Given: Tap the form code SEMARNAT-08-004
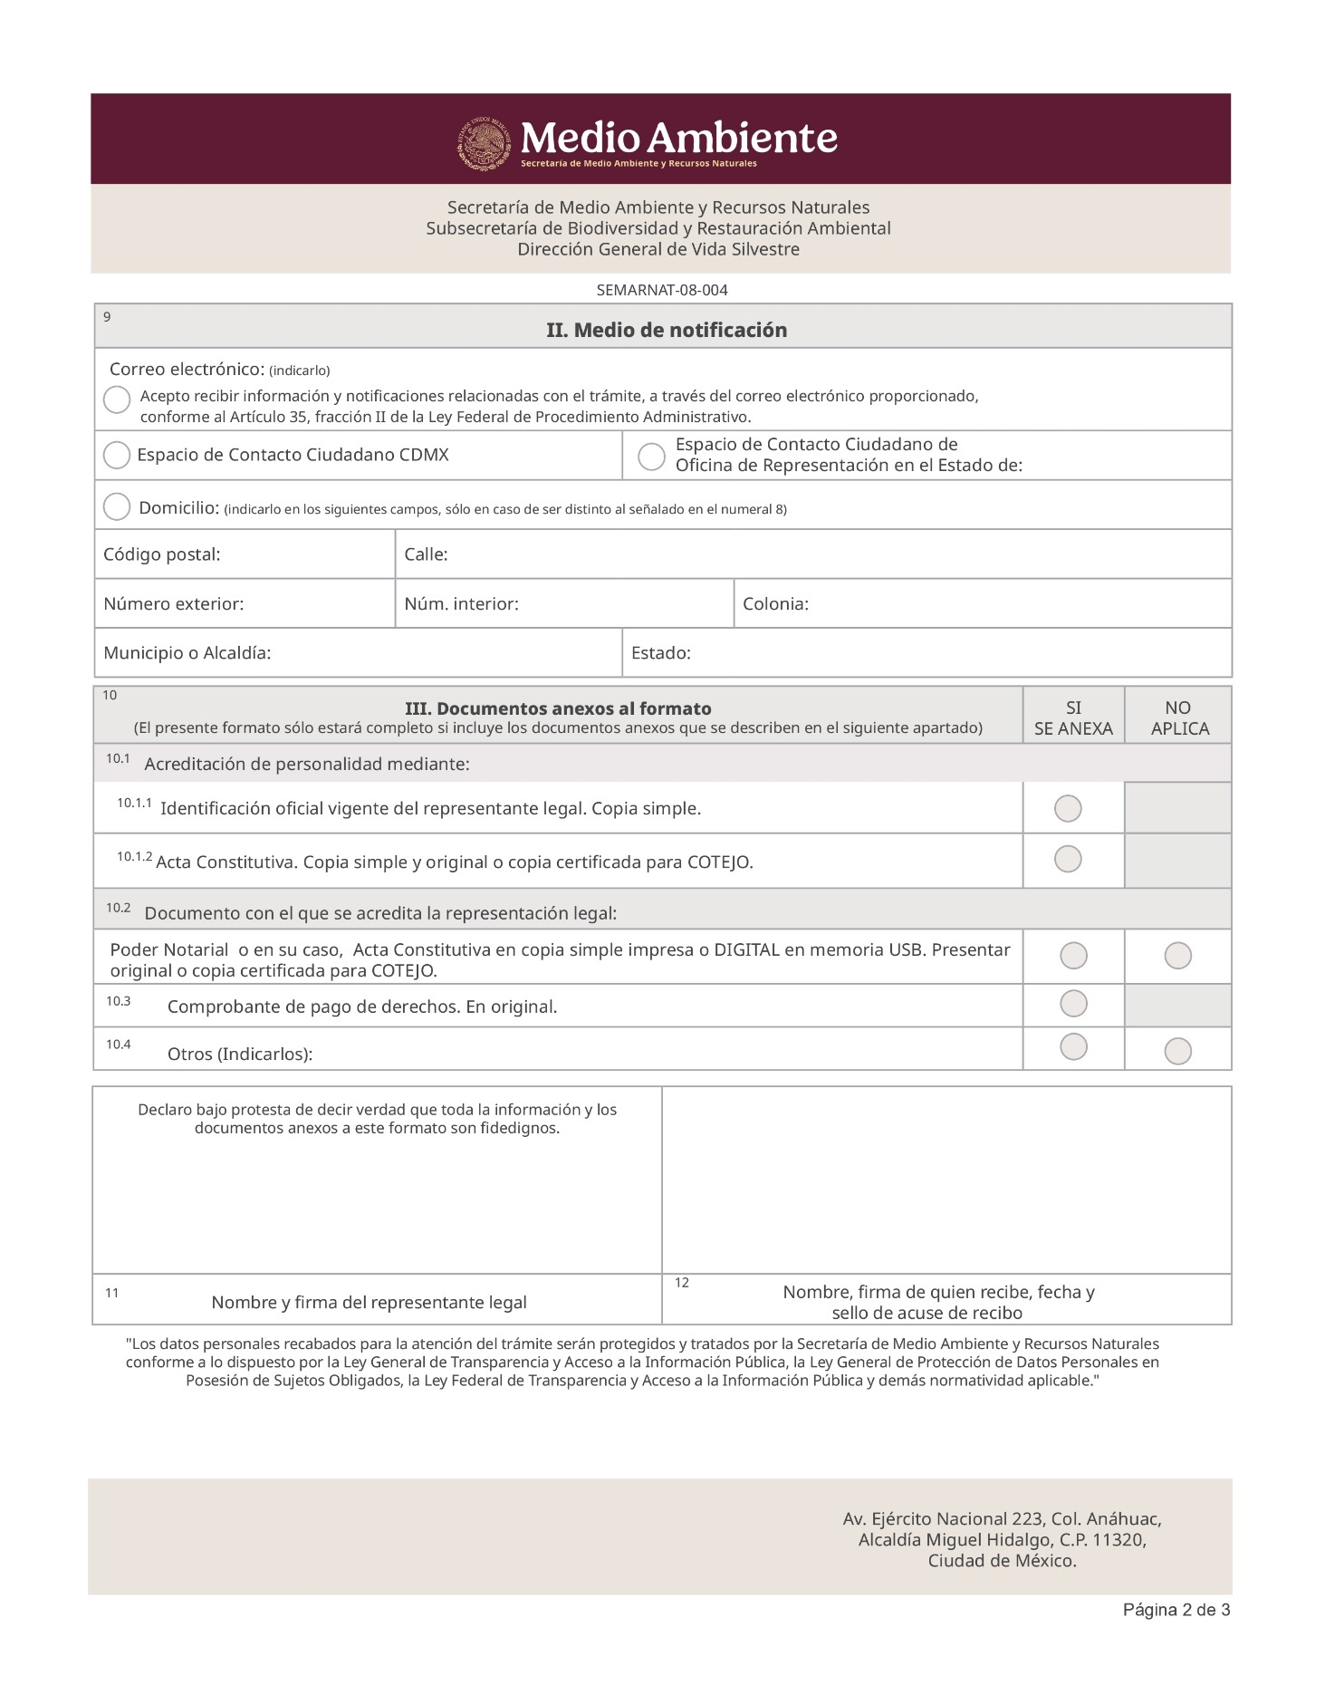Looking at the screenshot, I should coord(661,290).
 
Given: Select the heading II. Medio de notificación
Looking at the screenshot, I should coord(666,330).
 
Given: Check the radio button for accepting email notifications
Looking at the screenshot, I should coord(117,400).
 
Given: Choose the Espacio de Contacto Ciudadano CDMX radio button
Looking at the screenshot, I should coord(117,455).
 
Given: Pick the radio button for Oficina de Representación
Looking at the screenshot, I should coord(651,457).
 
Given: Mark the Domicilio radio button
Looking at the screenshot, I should coord(117,506).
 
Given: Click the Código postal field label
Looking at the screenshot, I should coord(162,554).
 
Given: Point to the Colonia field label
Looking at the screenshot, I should coord(775,603).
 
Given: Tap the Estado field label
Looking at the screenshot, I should coord(660,652).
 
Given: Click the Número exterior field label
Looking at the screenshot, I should coord(173,603).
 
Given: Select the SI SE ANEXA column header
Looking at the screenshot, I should coord(1073,717).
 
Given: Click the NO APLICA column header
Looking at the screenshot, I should coord(1179,717).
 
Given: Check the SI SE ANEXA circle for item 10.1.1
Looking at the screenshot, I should coord(1068,808).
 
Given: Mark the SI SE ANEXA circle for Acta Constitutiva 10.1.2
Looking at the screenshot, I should coord(1068,859).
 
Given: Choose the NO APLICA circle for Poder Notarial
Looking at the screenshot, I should coord(1177,955).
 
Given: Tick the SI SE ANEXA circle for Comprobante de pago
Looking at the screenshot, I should coord(1073,1003).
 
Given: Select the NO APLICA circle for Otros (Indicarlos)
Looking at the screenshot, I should coord(1177,1051).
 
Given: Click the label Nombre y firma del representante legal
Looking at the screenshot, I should coord(369,1302).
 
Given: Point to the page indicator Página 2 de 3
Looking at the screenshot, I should coord(1176,1609).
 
